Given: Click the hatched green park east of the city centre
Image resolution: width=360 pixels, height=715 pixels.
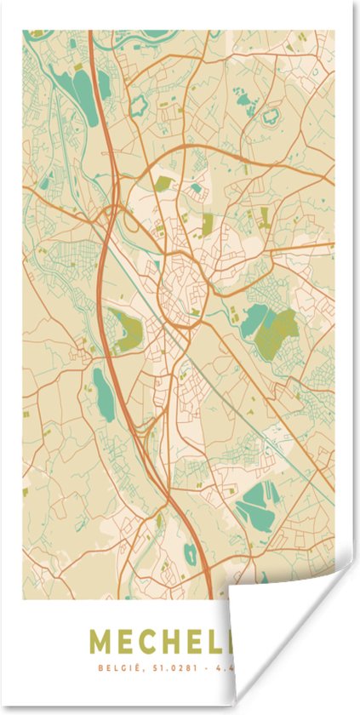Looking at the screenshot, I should pyautogui.click(x=277, y=333).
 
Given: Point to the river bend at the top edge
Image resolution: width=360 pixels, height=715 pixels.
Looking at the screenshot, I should pyautogui.click(x=157, y=35).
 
